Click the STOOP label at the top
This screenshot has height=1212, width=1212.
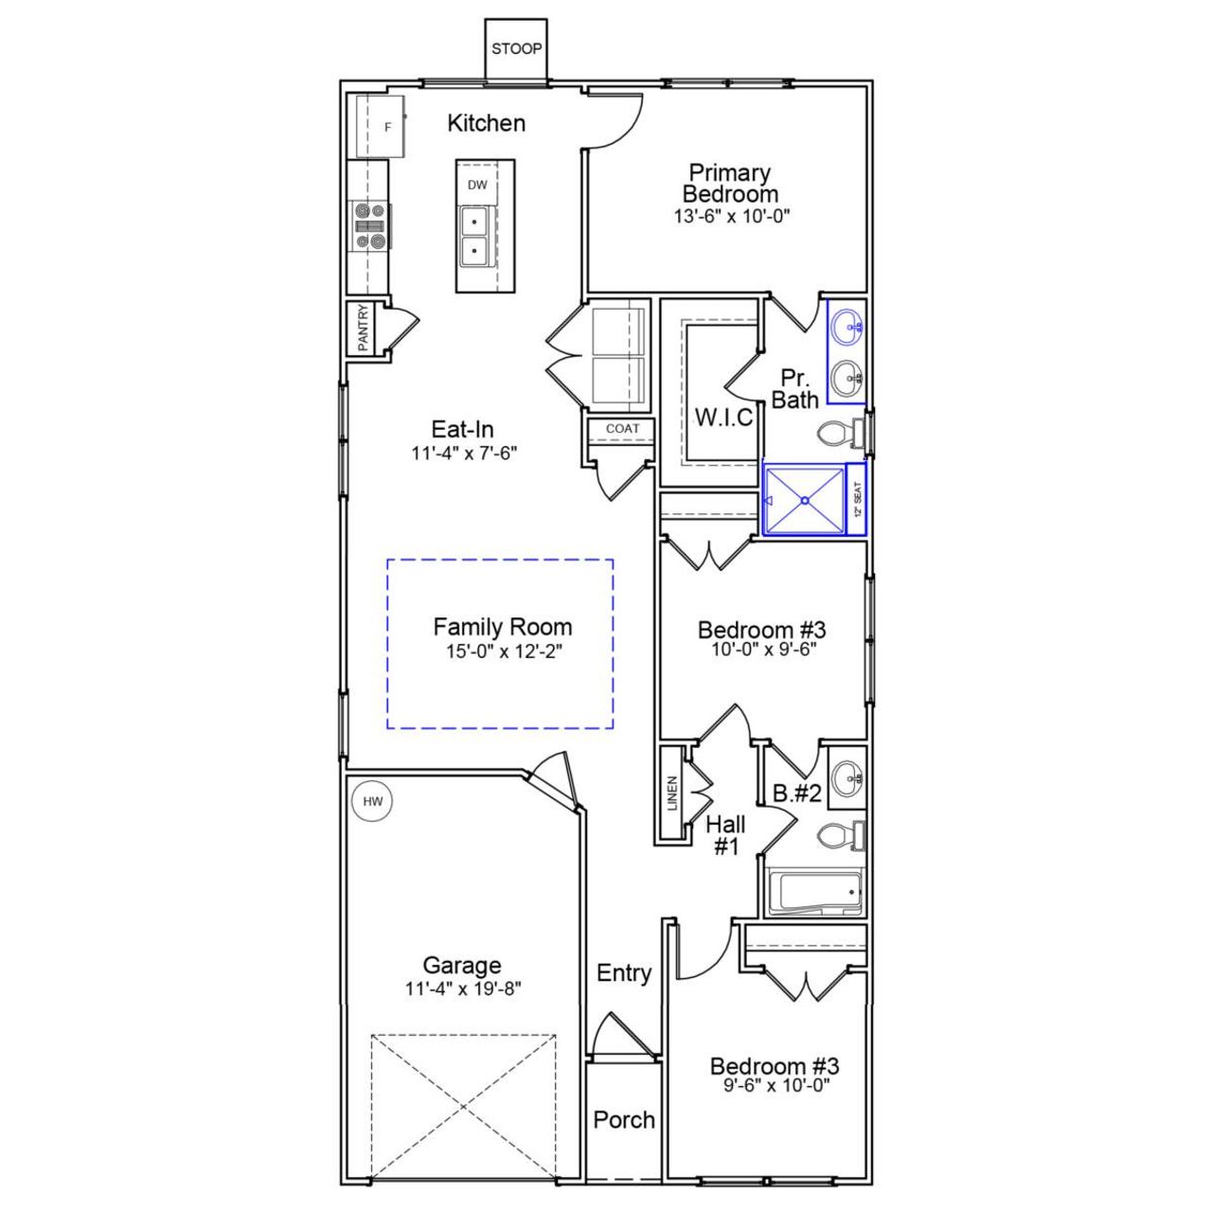tap(516, 48)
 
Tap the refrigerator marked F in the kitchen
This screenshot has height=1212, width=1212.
tap(381, 126)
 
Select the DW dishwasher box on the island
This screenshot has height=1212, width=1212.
tap(477, 186)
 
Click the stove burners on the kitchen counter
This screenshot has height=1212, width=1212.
tap(369, 226)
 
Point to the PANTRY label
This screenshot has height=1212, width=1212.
tap(363, 328)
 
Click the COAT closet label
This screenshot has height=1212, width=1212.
tap(622, 429)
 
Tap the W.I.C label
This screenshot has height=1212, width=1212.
tap(724, 417)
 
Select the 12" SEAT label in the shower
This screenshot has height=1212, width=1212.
tap(857, 499)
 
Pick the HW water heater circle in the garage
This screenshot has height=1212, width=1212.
tap(373, 802)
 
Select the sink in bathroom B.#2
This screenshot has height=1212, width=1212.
tap(846, 778)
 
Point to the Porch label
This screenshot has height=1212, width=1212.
tap(624, 1120)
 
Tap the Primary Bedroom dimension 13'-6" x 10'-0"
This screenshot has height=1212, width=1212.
tap(731, 216)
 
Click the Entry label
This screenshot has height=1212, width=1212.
tap(624, 973)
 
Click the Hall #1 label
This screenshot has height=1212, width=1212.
tap(725, 835)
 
